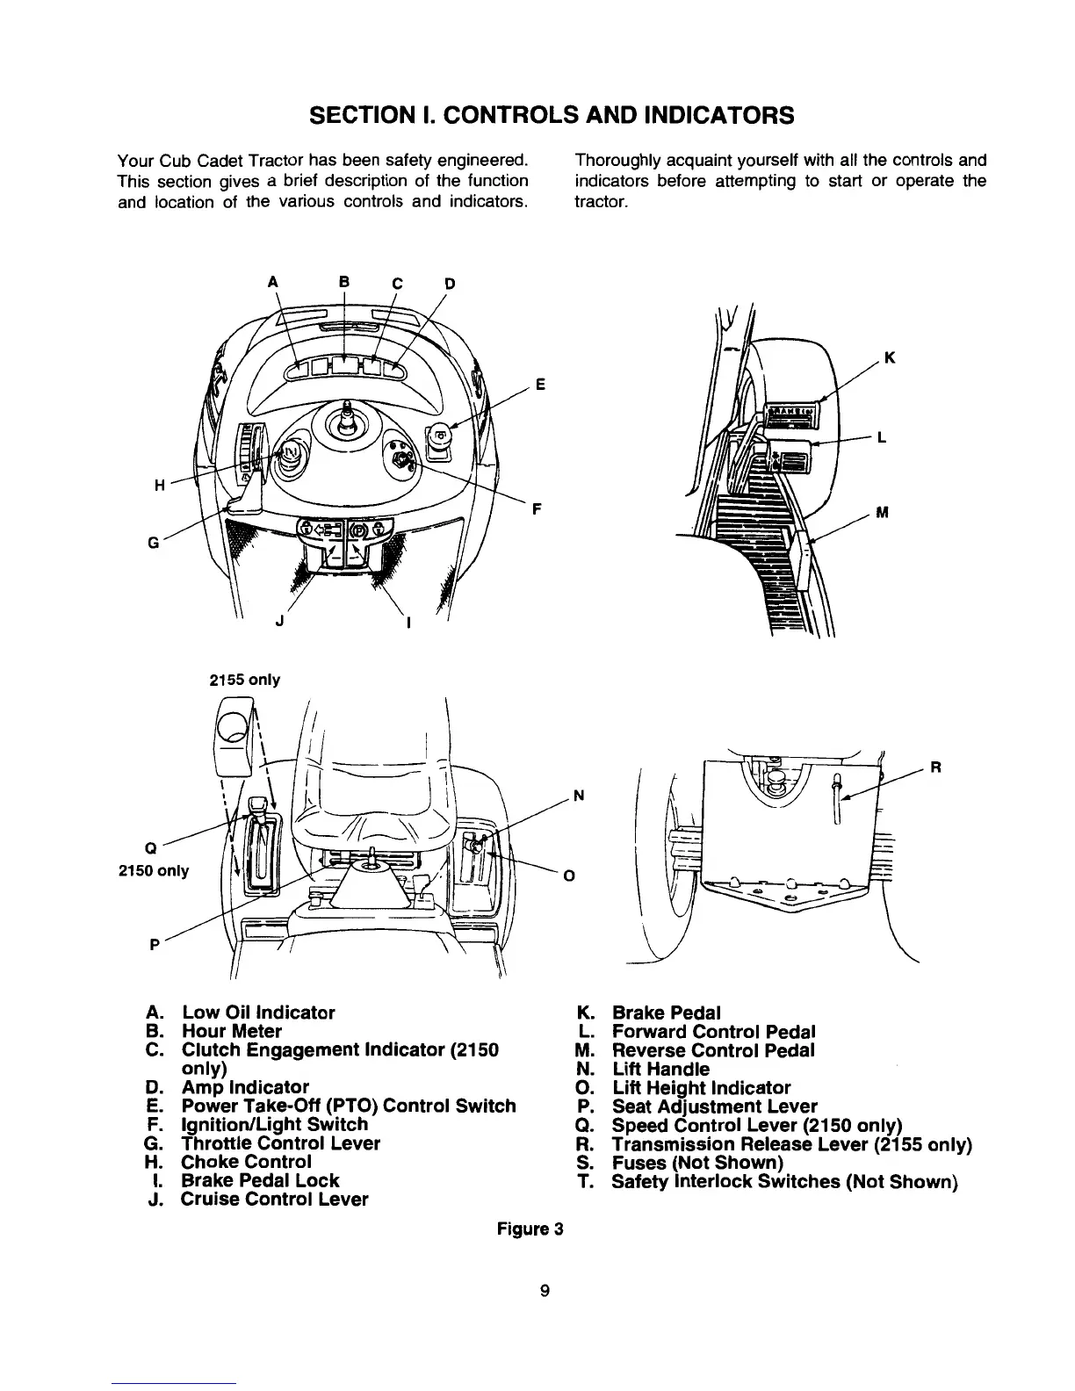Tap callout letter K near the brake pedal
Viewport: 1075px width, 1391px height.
(890, 357)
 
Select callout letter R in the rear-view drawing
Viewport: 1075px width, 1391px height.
(936, 766)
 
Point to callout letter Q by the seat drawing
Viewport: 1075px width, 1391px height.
(150, 848)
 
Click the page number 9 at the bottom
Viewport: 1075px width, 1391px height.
(545, 1290)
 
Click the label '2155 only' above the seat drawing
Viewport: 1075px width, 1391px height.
(244, 680)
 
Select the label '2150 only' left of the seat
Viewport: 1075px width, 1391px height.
(154, 872)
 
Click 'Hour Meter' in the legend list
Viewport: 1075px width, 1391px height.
(232, 1031)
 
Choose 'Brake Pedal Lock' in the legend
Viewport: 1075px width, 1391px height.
(260, 1180)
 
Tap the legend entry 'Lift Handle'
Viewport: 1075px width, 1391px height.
(660, 1069)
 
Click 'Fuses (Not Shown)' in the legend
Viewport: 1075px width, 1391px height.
(697, 1163)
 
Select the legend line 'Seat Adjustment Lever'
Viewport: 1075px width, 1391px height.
(714, 1106)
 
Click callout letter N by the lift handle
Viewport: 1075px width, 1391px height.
(578, 797)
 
